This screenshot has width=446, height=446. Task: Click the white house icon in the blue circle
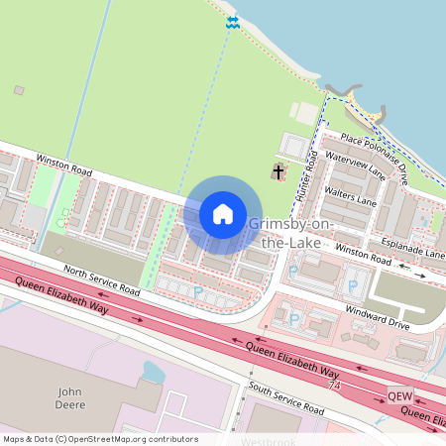point(223,213)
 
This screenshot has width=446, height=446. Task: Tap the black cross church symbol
point(279,173)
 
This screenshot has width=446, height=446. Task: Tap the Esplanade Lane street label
point(402,245)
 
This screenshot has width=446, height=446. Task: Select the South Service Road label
point(286,398)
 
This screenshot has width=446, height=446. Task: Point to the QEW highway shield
point(398,392)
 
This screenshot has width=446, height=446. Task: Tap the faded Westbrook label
point(268,439)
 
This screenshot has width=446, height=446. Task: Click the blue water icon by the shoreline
point(233,22)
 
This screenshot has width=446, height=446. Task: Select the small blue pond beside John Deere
point(154,372)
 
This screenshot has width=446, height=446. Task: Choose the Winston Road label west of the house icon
point(63,162)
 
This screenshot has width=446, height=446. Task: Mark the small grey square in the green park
point(19,90)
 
